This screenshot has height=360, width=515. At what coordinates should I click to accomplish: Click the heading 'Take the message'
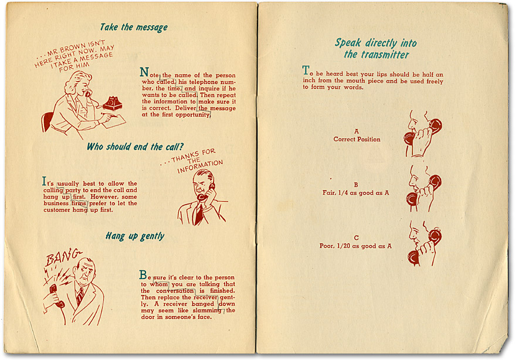(134, 27)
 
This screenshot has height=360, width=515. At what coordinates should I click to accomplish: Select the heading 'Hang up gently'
(135, 236)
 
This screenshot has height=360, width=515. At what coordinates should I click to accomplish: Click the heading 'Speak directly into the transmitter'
(376, 49)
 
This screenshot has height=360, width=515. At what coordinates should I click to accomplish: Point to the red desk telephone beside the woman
(111, 104)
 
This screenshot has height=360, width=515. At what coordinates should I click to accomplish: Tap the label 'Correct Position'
(357, 140)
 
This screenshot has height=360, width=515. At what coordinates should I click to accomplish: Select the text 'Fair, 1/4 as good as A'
(355, 192)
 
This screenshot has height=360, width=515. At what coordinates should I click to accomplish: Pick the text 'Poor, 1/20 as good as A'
(356, 246)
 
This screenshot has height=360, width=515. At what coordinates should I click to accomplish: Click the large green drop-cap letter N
(144, 73)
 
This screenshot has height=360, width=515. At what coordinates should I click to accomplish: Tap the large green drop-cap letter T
(306, 71)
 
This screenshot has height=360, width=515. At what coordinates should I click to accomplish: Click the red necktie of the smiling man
(199, 214)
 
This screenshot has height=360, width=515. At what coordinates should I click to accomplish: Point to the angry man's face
(86, 273)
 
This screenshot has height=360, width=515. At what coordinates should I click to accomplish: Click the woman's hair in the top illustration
(76, 85)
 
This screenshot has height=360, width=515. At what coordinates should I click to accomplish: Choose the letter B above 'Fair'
(355, 184)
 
